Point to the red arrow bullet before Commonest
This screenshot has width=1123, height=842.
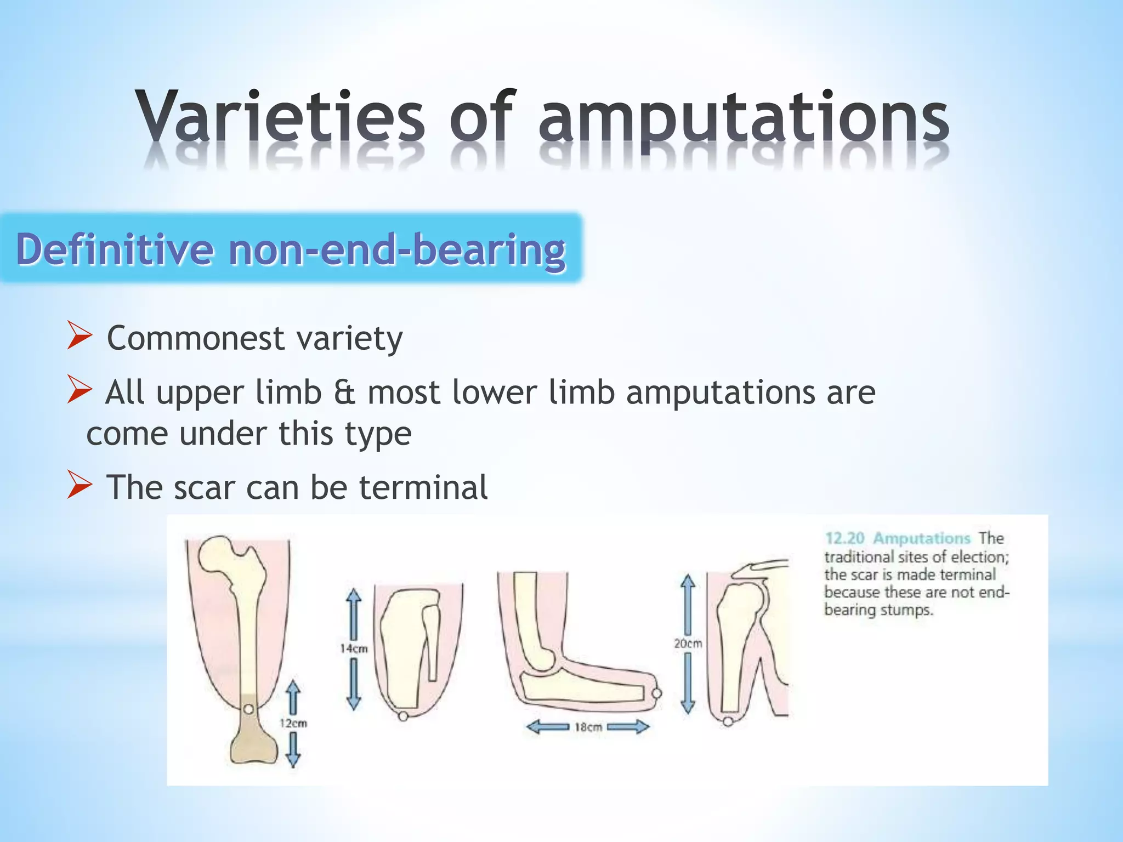[80, 336]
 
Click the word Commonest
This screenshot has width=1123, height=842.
[195, 338]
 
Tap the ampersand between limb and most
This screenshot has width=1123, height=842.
[344, 393]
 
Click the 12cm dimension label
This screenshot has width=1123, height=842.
[293, 724]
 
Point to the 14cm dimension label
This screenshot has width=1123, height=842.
[354, 648]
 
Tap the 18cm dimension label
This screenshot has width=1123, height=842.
[588, 727]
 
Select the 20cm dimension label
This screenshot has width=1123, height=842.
[688, 644]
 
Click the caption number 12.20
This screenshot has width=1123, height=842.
[844, 538]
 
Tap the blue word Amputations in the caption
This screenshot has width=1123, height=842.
[921, 538]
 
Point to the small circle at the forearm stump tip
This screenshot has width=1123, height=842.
[656, 693]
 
